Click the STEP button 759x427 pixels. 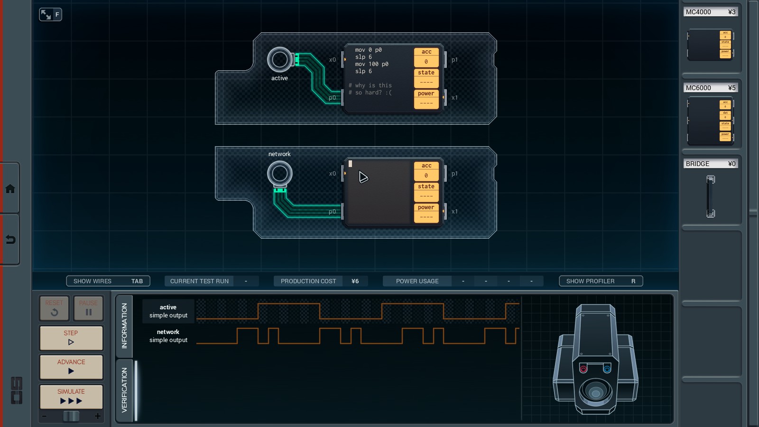[71, 338]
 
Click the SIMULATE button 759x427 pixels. [71, 397]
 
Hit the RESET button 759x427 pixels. [54, 308]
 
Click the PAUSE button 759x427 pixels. [88, 308]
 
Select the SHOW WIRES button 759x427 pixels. [108, 281]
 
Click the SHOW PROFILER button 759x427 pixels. [601, 281]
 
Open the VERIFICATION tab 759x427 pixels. [124, 390]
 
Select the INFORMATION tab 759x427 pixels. [124, 325]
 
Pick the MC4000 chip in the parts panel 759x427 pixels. [710, 45]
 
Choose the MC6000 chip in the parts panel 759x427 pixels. [710, 121]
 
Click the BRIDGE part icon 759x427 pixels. [710, 196]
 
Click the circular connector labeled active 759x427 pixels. [280, 60]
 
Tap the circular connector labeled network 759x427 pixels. [280, 174]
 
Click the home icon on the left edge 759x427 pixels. [10, 189]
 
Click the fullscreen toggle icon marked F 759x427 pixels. [50, 15]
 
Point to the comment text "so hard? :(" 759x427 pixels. [373, 93]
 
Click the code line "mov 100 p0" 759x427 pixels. [371, 64]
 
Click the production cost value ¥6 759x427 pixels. [355, 281]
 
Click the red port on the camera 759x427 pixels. [583, 369]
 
